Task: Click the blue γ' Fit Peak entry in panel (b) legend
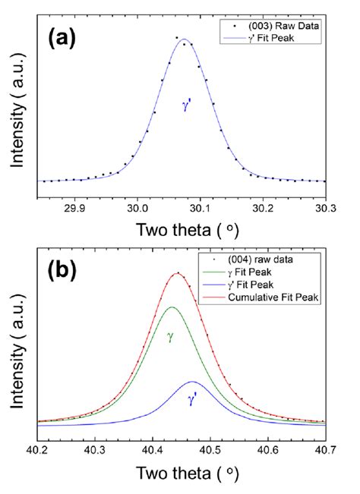[274, 286]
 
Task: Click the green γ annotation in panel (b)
[170, 335]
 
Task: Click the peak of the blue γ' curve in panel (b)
[192, 382]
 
